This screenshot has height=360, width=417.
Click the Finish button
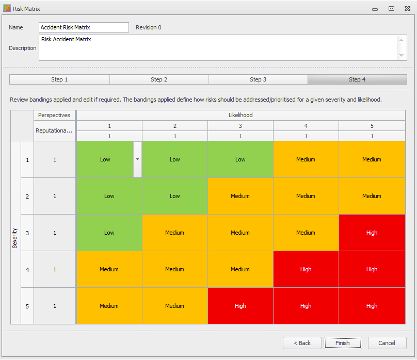[343, 343]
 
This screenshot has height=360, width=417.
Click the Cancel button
[387, 343]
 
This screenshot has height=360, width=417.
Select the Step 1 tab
[59, 79]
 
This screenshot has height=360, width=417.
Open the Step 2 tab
[159, 79]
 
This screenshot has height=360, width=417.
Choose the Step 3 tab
[258, 79]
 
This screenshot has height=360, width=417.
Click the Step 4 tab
[357, 79]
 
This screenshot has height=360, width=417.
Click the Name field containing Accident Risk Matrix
[84, 27]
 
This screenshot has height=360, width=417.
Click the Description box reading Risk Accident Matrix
[217, 47]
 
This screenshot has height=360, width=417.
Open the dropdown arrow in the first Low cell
[137, 159]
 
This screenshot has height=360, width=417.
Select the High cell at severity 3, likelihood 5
[372, 233]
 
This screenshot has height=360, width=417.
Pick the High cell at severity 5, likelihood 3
[240, 306]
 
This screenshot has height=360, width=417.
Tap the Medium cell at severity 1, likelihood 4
[306, 159]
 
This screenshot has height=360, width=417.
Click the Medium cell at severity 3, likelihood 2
[174, 233]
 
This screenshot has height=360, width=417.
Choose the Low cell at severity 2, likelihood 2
[174, 196]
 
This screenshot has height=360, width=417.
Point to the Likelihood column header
[240, 115]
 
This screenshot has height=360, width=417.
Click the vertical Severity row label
[15, 238]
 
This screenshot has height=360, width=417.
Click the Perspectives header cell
[54, 115]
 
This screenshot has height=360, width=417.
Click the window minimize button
[375, 9]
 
